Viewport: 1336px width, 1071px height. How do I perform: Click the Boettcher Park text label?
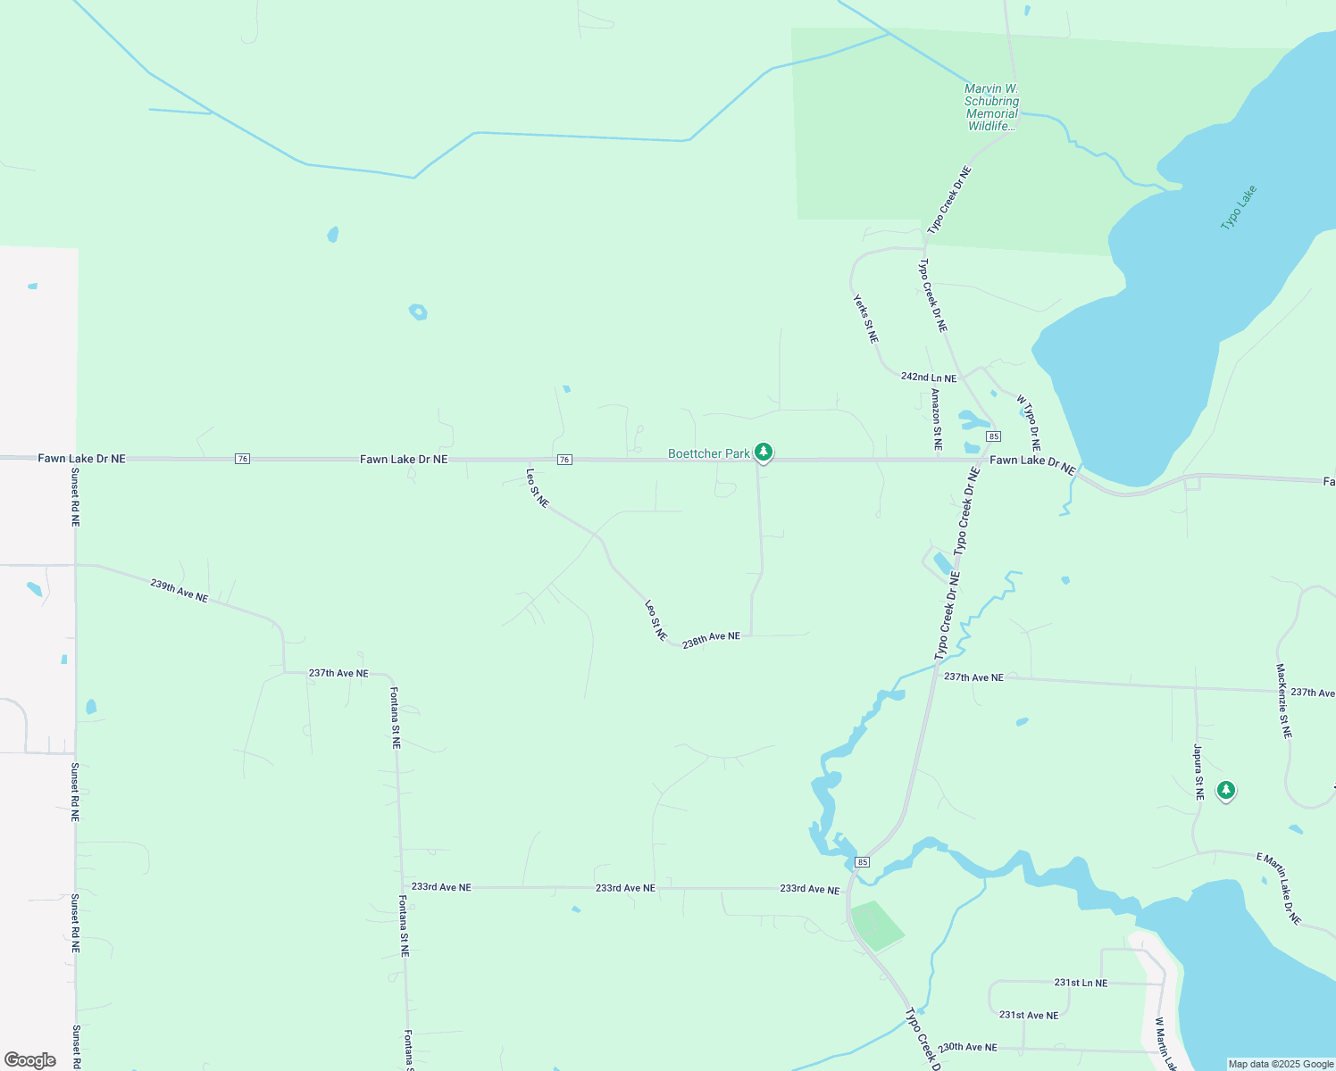709,453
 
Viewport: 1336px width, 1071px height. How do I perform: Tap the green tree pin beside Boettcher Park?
763,452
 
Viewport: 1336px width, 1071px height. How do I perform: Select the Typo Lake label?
1239,207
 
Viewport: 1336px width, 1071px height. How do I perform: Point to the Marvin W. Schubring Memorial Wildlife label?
991,107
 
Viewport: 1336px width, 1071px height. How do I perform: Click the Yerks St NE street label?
865,319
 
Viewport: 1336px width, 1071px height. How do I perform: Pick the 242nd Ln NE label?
929,378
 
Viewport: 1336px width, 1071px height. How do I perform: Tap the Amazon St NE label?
936,419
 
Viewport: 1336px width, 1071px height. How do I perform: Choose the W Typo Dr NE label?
1029,423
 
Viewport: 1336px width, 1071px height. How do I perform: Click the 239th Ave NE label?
180,590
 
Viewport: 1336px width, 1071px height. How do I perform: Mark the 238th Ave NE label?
711,639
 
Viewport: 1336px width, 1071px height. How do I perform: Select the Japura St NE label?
1198,771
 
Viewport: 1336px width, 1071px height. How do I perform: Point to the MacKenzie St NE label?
1283,701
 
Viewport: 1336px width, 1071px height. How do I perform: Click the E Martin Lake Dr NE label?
1279,888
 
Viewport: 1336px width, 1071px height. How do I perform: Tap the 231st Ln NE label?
1081,983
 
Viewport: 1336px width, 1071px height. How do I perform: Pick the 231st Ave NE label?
1029,1015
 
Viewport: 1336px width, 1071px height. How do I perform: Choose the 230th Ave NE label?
967,1047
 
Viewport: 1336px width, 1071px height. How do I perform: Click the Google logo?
30,1060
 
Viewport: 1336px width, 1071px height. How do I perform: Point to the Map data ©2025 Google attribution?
1281,1064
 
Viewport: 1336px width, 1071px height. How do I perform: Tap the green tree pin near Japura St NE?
1226,790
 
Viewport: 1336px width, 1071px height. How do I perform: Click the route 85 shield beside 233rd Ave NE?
862,861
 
